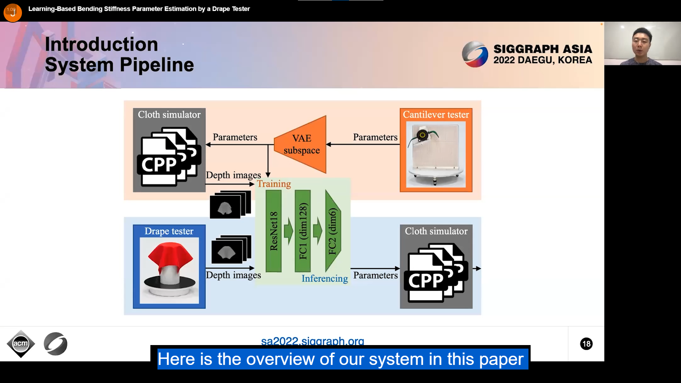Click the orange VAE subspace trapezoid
[301, 144]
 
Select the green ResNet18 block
[273, 231]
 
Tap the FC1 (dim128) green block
[303, 231]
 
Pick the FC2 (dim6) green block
[332, 231]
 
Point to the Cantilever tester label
[436, 115]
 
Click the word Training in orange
[274, 184]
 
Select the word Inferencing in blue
[325, 278]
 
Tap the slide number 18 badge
[586, 344]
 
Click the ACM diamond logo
[21, 344]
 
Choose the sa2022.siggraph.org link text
[312, 341]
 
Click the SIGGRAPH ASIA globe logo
[475, 54]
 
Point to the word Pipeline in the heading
[157, 65]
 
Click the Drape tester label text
[169, 231]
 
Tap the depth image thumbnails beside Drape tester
[231, 250]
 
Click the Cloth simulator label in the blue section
[436, 231]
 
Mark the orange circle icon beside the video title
[13, 12]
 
